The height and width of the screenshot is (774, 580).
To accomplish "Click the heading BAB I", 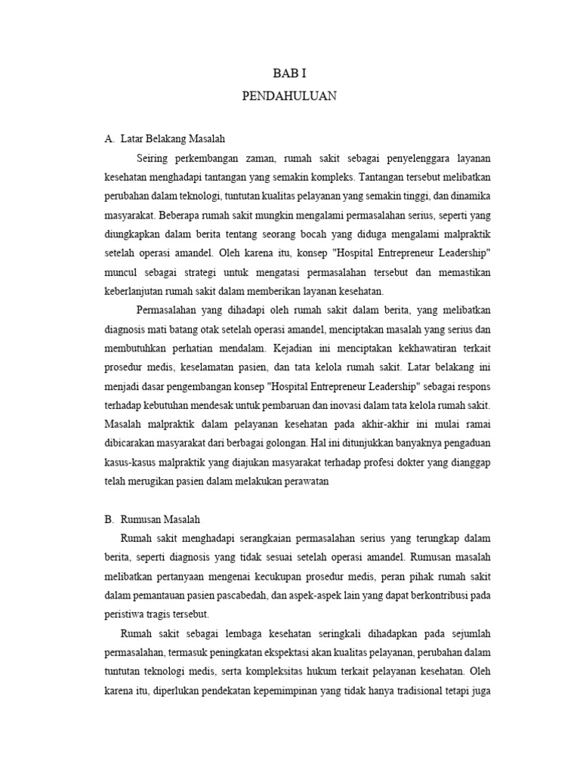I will coord(289,74).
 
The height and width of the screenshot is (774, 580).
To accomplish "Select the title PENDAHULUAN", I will coord(289,97).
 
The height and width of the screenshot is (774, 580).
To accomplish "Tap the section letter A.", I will coord(108,139).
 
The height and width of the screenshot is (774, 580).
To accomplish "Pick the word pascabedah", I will coord(242,596).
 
